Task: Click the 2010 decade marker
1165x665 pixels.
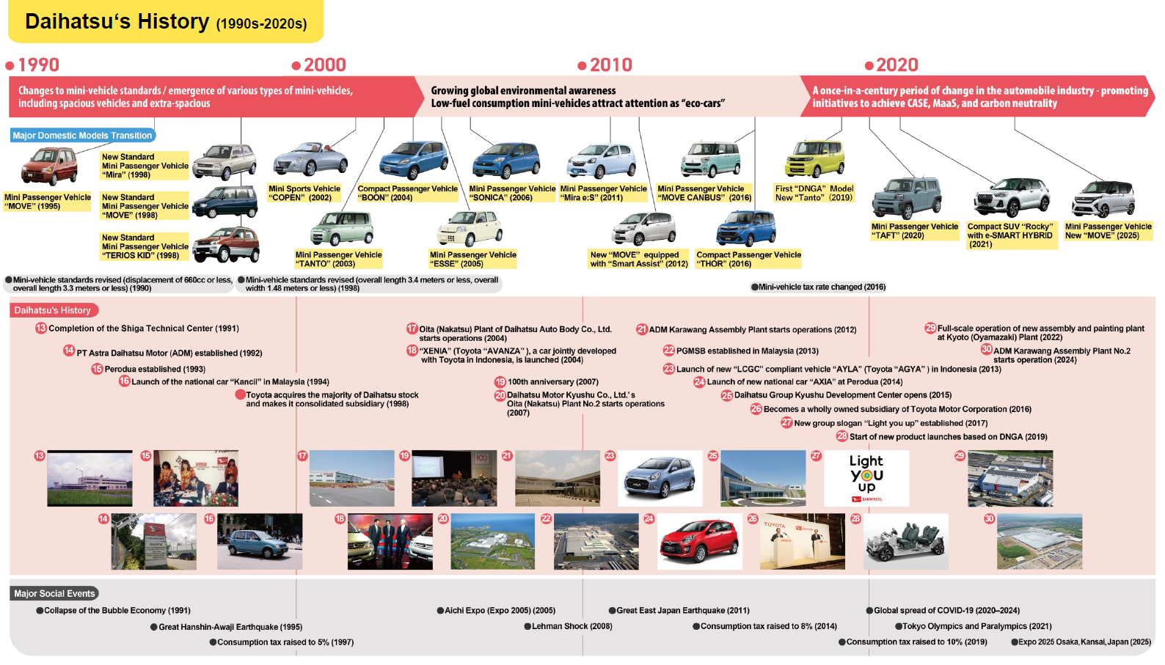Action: click(605, 65)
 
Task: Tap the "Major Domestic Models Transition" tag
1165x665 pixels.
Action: click(82, 136)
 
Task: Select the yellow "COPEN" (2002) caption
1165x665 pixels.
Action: click(304, 193)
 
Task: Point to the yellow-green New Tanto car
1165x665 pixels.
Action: click(814, 158)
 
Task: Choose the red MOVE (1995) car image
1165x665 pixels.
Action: click(49, 166)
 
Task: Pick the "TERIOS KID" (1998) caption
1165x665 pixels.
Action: click(145, 246)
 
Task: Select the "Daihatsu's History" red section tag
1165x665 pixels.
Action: click(52, 310)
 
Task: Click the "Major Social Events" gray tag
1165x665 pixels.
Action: click(54, 593)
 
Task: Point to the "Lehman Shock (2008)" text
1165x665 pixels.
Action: click(571, 626)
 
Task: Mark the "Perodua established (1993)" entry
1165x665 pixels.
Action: click(155, 369)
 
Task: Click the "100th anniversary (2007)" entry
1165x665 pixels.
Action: click(552, 382)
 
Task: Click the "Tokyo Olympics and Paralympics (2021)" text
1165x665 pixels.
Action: click(976, 626)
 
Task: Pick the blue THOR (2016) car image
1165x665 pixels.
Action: click(746, 229)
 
